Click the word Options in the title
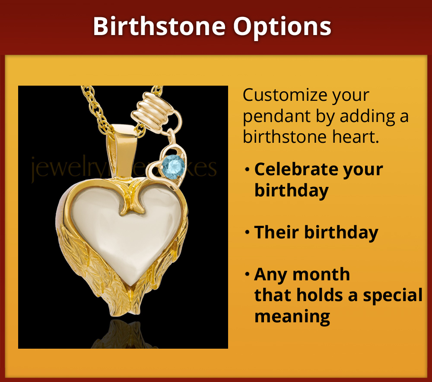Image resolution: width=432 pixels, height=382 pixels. point(283,27)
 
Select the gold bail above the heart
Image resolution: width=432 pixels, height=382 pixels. point(123,149)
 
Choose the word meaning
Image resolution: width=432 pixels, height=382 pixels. point(292,316)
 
